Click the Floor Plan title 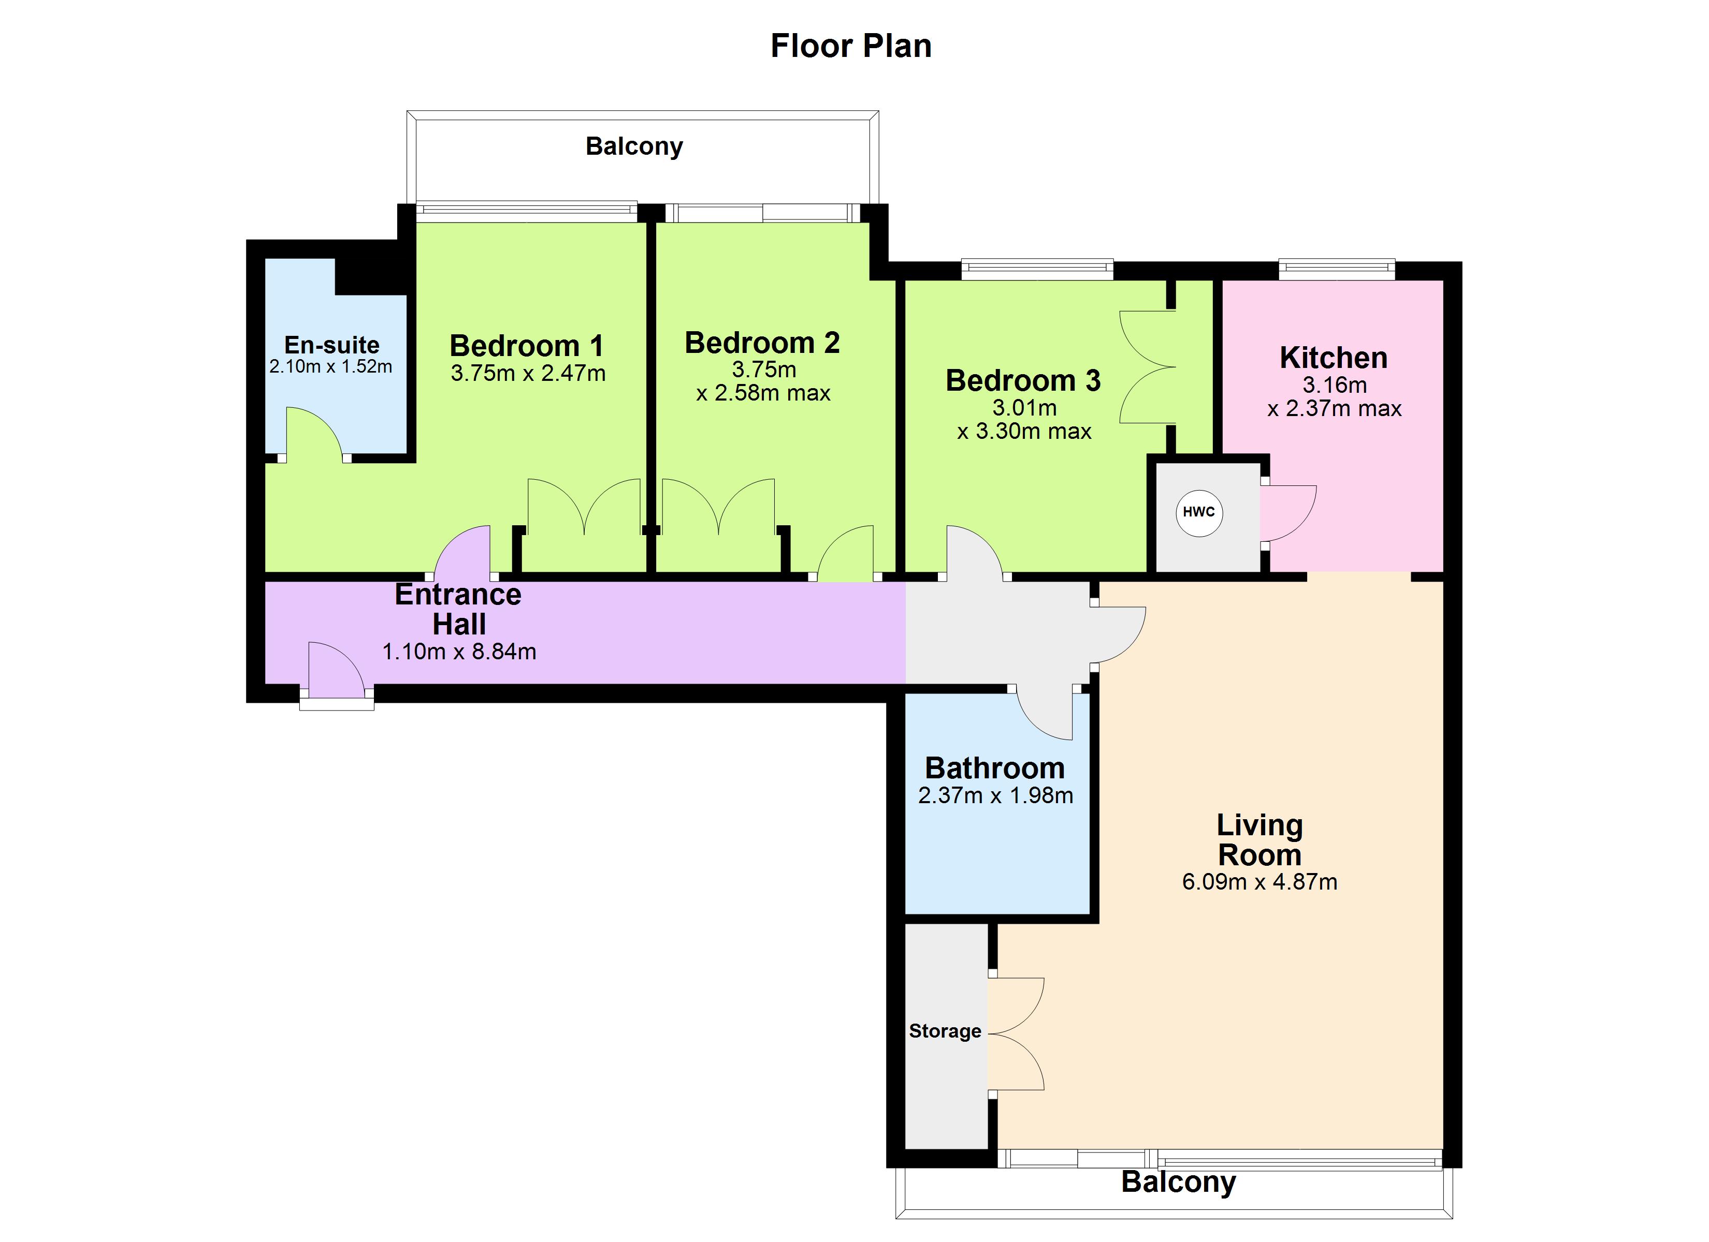(851, 46)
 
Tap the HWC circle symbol (1199, 513)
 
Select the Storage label (945, 1031)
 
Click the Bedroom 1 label (527, 346)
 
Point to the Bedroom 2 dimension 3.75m (764, 370)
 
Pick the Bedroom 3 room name (1023, 380)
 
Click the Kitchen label (1334, 358)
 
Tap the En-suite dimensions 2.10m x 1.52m (331, 367)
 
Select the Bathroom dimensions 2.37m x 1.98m (995, 795)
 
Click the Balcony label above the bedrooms (634, 146)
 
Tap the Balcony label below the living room (1179, 1182)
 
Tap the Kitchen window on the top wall (1337, 269)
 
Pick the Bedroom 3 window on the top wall (1037, 269)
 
